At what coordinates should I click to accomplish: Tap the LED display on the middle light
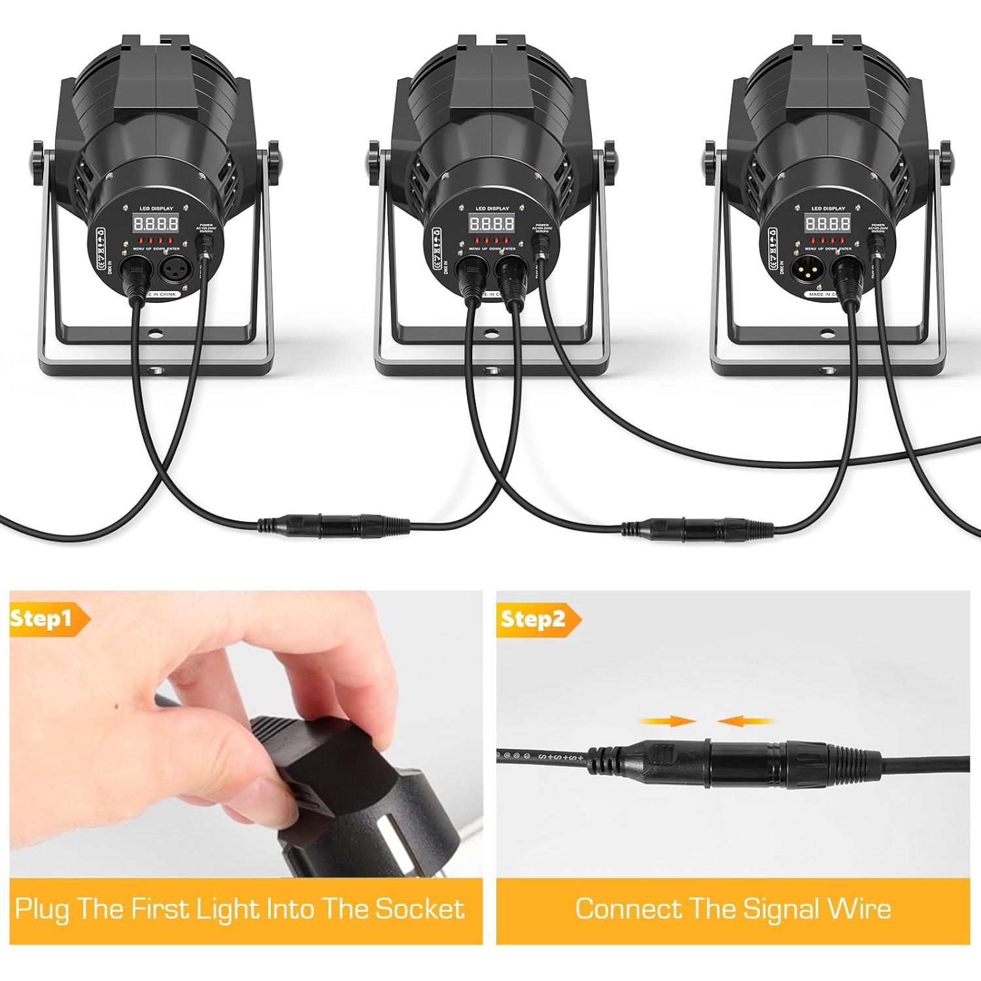click(492, 224)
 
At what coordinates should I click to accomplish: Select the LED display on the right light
click(828, 224)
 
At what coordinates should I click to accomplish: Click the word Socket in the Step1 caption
click(419, 909)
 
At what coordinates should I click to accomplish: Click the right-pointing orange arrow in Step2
click(667, 721)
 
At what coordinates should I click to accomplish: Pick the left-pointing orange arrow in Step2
click(746, 721)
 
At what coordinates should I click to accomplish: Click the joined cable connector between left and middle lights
click(334, 526)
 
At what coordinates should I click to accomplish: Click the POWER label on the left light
click(206, 224)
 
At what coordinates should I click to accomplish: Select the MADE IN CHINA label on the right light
click(826, 295)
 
